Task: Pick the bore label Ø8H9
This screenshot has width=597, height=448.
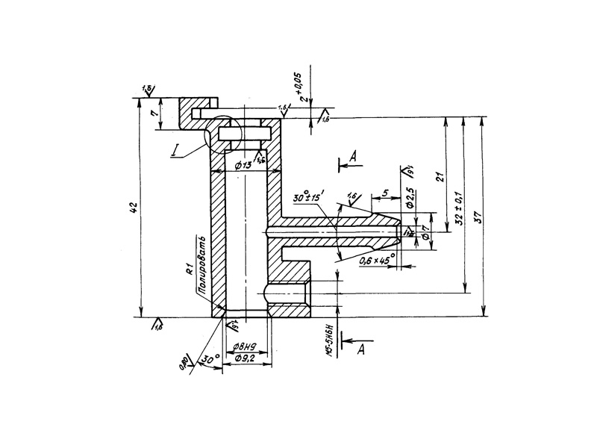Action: point(244,346)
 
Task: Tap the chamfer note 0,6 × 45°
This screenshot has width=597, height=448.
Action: point(376,261)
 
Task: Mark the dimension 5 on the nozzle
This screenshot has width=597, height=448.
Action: point(384,193)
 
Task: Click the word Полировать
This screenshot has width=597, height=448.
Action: point(200,262)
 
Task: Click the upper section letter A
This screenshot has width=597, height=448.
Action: point(354,155)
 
